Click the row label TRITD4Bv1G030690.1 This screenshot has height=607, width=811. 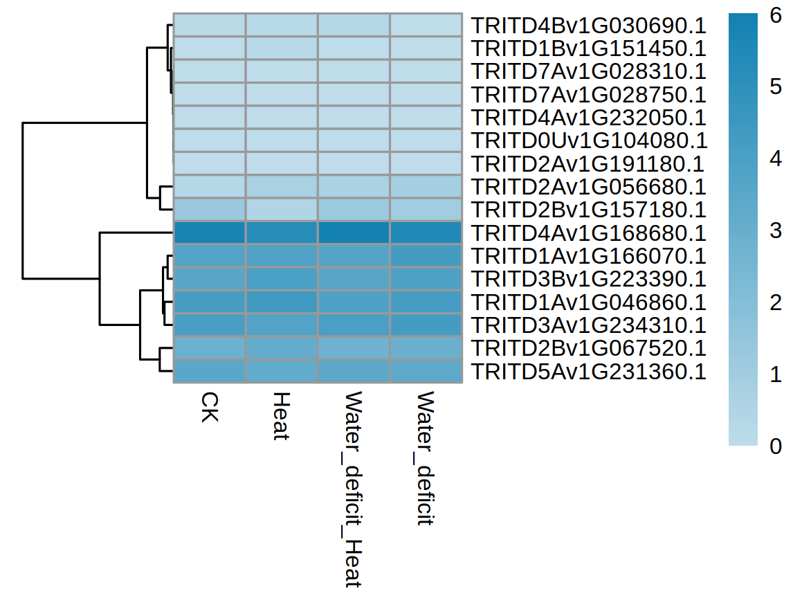(588, 26)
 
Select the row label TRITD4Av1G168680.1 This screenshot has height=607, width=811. (588, 233)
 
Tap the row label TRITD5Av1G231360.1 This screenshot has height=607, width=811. (588, 372)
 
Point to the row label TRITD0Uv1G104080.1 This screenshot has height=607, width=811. (589, 141)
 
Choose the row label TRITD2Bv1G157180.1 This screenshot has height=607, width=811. (588, 210)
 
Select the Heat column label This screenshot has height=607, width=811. (280, 416)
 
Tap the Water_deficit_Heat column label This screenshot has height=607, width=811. (353, 489)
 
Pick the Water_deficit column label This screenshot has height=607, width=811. (425, 458)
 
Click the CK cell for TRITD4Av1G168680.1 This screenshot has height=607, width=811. (209, 233)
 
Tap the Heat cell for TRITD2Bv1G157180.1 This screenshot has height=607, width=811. (281, 210)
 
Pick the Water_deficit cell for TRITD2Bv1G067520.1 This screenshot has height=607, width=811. (426, 348)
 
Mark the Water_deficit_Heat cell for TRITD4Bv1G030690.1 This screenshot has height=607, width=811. (354, 25)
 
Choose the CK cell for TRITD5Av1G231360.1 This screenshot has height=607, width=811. (209, 371)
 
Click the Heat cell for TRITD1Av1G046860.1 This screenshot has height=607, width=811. (281, 302)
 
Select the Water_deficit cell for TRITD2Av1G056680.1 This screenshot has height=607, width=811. (426, 187)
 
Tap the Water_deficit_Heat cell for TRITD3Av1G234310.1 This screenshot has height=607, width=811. (354, 325)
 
